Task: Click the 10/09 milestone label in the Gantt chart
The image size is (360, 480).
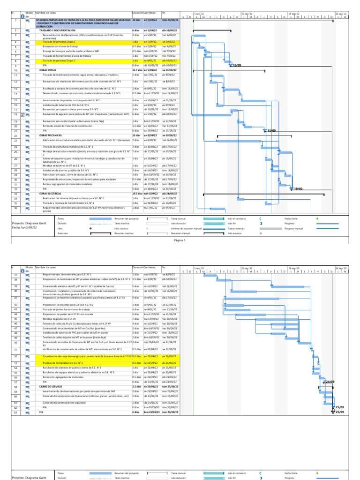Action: coord(236,66)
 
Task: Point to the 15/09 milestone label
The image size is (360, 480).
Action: coord(271,131)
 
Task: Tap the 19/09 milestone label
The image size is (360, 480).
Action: coord(298,188)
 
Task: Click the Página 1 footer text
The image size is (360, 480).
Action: coord(180,240)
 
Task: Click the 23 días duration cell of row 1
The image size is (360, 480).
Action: coord(136,20)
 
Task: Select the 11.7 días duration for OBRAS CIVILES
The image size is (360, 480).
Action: coord(137,70)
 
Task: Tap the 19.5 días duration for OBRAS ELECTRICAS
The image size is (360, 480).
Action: coord(137,193)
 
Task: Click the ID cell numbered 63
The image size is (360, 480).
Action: coord(15,412)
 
